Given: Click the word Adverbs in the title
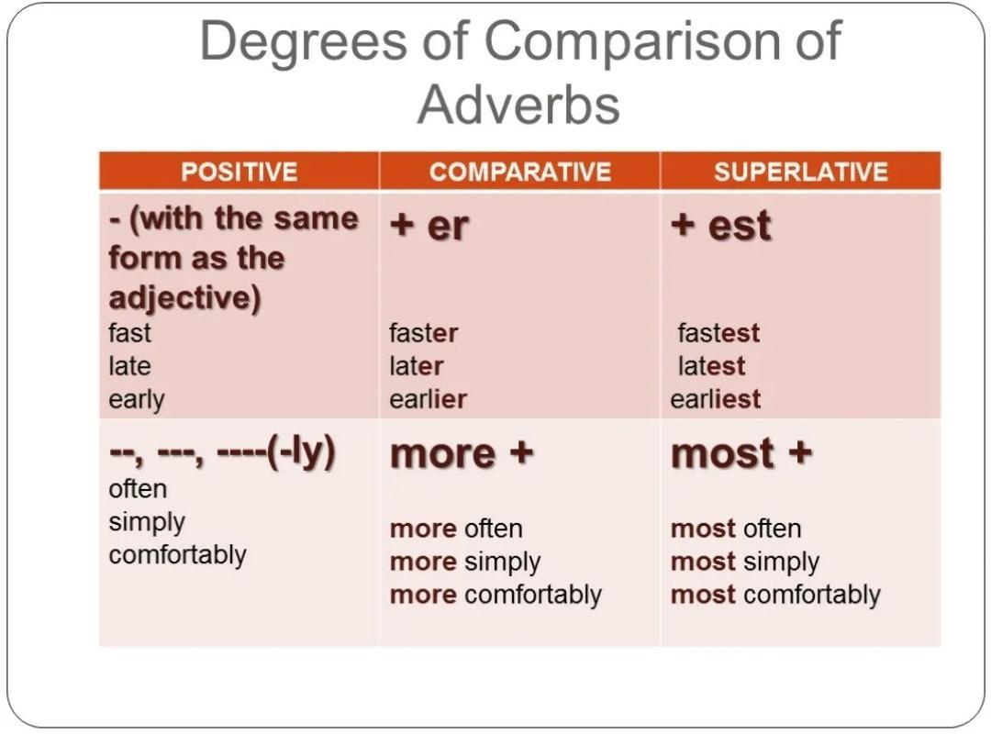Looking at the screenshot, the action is point(518,105).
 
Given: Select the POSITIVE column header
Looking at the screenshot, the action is point(239,172).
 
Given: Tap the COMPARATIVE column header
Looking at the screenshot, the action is point(520,172).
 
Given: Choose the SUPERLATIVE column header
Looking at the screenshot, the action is point(801,172).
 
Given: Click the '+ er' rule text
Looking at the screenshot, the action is point(429,225).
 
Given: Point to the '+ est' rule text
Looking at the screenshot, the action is point(721,225).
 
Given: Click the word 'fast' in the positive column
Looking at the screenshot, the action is point(129,333).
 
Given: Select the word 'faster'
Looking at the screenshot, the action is point(423,333).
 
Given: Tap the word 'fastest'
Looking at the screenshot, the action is point(718,333).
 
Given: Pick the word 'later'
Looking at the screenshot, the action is point(417,366).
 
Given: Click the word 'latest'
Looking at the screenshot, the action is point(712,366).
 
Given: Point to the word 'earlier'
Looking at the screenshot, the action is point(428,399).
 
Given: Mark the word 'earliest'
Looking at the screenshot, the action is point(716,399).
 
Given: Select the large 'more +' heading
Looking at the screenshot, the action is point(462,454).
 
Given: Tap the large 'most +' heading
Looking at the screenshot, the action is point(741,454).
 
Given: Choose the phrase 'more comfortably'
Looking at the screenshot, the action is point(496,596).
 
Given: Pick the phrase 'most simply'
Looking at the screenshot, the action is point(745,562).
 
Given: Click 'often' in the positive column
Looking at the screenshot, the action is point(138,489).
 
